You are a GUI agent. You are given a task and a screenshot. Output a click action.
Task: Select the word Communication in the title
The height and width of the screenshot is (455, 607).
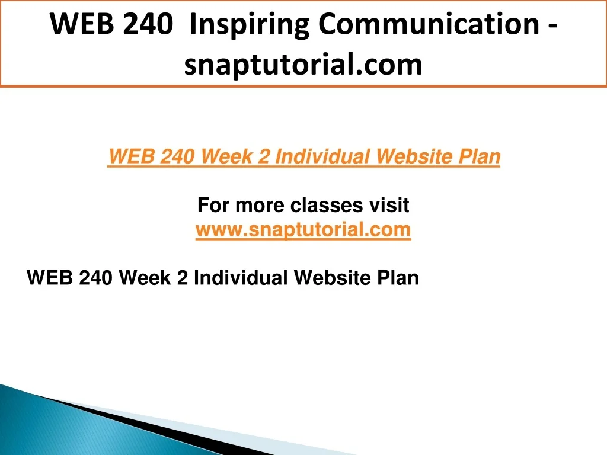[429, 24]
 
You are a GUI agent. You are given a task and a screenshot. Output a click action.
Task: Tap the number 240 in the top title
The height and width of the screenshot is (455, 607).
[148, 24]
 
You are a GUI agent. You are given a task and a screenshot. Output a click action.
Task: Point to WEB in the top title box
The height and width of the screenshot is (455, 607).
[82, 24]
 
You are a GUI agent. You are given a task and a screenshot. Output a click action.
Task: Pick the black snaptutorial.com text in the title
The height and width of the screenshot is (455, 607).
[303, 65]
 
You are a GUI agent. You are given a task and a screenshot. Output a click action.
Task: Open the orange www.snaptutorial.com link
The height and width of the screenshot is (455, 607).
[303, 229]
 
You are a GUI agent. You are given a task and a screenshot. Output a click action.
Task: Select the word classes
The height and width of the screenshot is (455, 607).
[327, 205]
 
